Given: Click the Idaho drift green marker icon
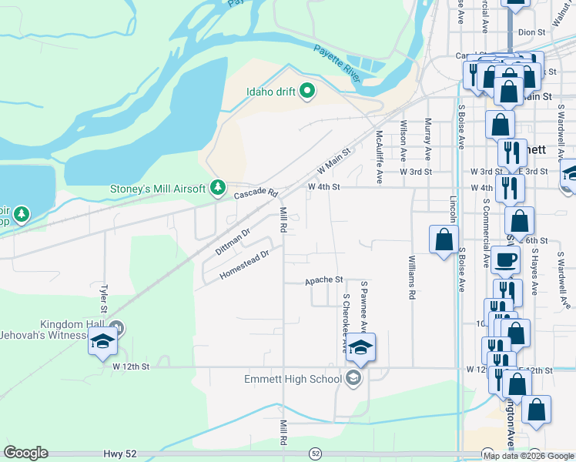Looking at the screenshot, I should pyautogui.click(x=307, y=92).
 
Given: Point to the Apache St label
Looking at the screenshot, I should pyautogui.click(x=323, y=280).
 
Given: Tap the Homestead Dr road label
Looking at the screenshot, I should pyautogui.click(x=244, y=265).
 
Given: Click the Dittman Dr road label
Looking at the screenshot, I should pyautogui.click(x=233, y=242).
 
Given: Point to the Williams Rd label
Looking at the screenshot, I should pyautogui.click(x=412, y=277).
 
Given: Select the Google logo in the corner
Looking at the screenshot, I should pyautogui.click(x=25, y=453).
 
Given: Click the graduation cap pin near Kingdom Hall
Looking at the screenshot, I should pyautogui.click(x=101, y=342).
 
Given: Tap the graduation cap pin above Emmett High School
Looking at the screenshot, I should pyautogui.click(x=360, y=348).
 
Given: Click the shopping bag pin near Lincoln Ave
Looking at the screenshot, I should pyautogui.click(x=444, y=239).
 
